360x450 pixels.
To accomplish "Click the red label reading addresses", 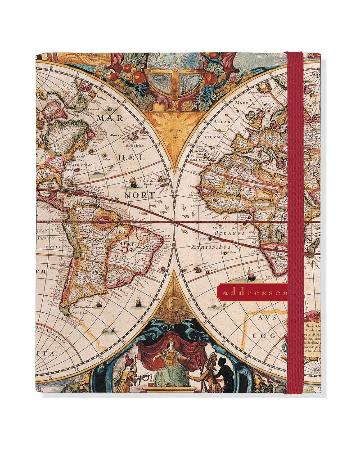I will [x=252, y=292].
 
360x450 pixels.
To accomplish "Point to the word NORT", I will [x=141, y=195].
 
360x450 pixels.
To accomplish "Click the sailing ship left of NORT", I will [x=133, y=181].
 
